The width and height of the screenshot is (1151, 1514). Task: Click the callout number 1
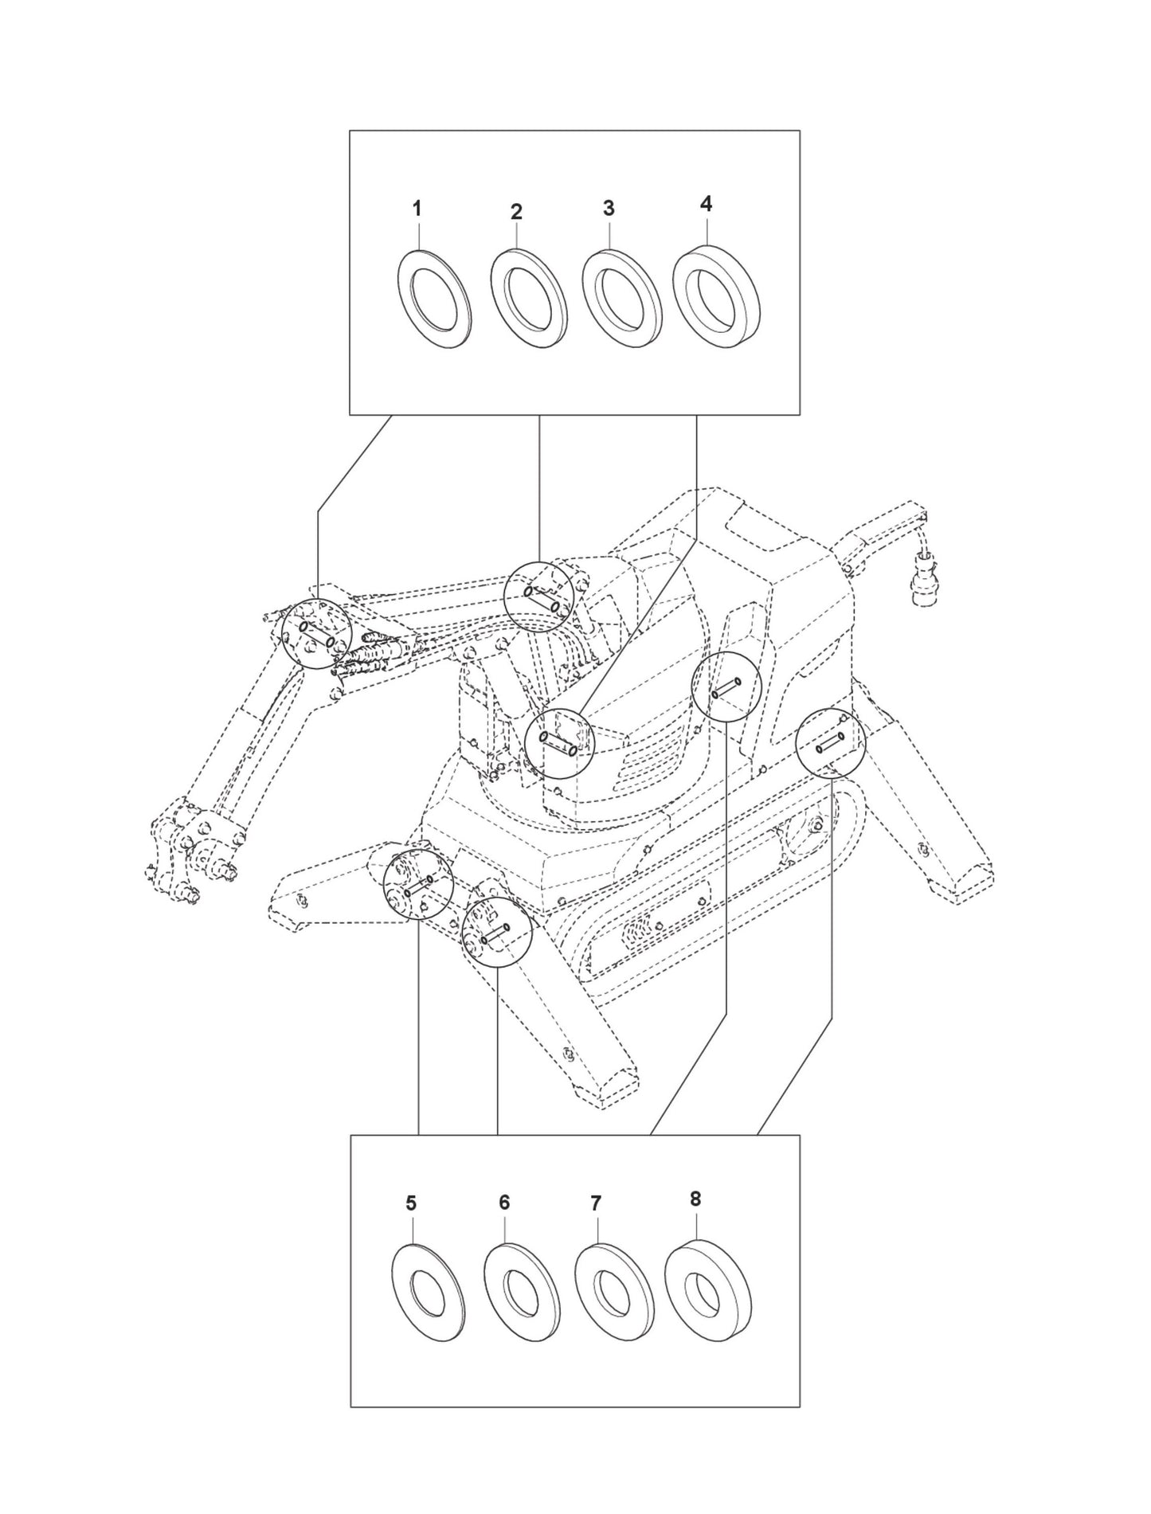(x=417, y=209)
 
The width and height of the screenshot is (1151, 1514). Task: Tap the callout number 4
(x=706, y=204)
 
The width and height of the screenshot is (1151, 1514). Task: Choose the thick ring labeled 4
(x=715, y=293)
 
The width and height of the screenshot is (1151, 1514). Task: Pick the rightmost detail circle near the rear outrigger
(x=830, y=741)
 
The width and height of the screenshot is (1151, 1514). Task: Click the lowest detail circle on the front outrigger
(x=497, y=932)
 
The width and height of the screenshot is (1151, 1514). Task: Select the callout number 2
(x=516, y=213)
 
